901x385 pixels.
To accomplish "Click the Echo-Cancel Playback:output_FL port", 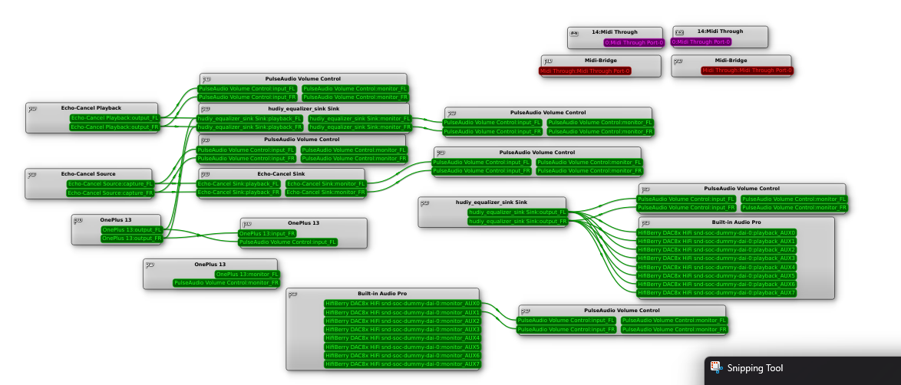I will tap(114, 118).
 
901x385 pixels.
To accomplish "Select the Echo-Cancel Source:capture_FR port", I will tap(111, 192).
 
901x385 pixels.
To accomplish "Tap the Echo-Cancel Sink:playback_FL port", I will tap(239, 184).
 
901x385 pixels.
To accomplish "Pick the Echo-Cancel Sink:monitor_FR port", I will tap(325, 192).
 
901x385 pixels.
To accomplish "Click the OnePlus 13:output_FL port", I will tap(132, 229).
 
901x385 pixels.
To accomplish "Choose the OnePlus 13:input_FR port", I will tap(267, 233).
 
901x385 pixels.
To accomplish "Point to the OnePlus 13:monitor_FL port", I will tap(248, 274).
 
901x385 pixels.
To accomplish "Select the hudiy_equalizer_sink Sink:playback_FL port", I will tap(249, 119).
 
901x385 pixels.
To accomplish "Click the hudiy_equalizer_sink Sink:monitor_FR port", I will tap(359, 127).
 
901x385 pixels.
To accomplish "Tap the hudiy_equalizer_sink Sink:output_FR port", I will tap(517, 221).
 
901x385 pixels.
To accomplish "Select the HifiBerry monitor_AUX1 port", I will tap(402, 312).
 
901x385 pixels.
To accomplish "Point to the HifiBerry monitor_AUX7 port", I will tap(402, 364).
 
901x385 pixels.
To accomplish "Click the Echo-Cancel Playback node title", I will tap(91, 108).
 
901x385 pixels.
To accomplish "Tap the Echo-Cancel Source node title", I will tap(88, 174).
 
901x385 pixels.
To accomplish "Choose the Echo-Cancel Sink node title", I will tap(281, 174).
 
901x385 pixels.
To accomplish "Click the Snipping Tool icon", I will tap(715, 368).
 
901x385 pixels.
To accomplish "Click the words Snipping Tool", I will tap(755, 368).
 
